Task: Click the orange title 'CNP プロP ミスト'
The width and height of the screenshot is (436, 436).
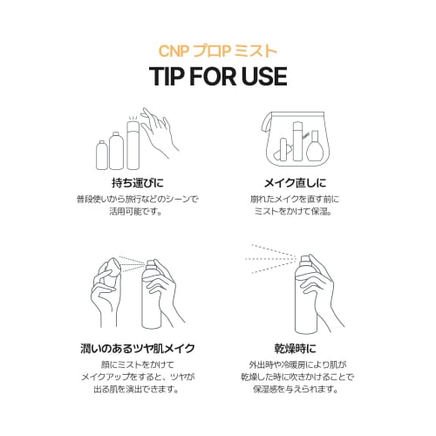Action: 218,51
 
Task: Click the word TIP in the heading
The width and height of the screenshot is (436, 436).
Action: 167,77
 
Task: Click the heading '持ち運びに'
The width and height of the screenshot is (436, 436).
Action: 138,183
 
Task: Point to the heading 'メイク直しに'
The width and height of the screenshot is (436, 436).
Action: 296,183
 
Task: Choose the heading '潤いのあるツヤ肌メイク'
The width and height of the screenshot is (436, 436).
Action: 138,348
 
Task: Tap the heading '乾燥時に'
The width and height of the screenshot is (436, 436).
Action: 296,348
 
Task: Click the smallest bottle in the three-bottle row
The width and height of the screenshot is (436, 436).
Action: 102,154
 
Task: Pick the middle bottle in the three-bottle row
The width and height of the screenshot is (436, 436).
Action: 116,151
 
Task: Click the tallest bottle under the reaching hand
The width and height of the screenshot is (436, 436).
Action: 133,146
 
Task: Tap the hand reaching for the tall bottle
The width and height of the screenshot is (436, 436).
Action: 159,133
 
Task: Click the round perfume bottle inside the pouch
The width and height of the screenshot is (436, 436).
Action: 314,146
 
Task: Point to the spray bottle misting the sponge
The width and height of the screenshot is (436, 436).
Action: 151,294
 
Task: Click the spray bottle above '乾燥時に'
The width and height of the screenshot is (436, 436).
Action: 304,294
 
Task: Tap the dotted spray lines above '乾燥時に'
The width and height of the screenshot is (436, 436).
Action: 270,259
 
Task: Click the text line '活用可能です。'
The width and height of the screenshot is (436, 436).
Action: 136,211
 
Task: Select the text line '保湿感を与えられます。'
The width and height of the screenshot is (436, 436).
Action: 296,389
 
